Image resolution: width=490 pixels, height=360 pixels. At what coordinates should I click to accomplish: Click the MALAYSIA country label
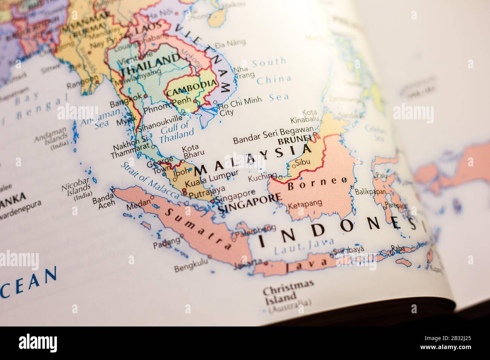tap(253, 160)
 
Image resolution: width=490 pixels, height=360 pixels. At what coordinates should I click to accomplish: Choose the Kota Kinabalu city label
tap(303, 117)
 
